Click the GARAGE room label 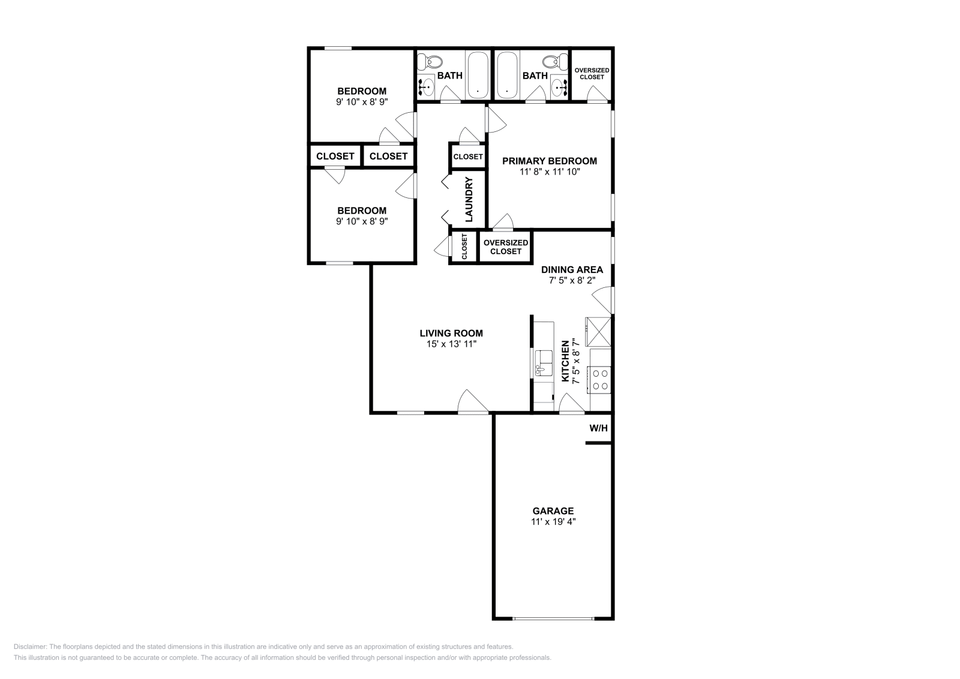point(553,511)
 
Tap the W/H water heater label point(598,428)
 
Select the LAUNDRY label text point(469,199)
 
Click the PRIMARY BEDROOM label point(549,161)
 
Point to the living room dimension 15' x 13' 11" point(451,344)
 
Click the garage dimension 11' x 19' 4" point(553,522)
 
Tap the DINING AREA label point(572,269)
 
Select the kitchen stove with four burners point(600,378)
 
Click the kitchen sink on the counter point(544,362)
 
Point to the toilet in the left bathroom point(430,61)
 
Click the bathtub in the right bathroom point(507,75)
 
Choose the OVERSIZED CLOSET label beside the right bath point(592,73)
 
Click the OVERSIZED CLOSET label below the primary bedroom point(506,247)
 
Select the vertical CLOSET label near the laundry point(464,247)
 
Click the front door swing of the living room point(473,402)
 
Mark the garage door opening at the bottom point(553,618)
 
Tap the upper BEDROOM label point(362,91)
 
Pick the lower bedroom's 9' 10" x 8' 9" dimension point(362,221)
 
